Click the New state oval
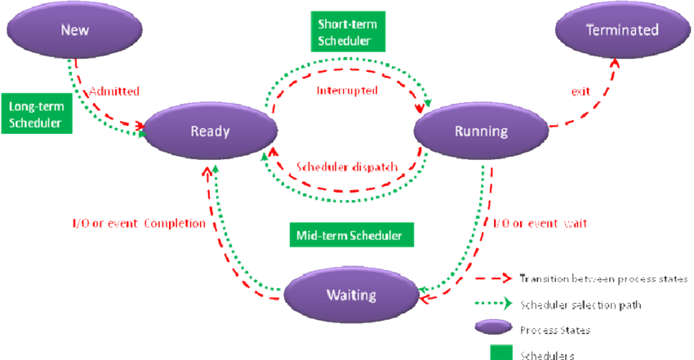click(74, 30)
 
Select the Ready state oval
click(210, 131)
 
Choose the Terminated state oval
click(622, 30)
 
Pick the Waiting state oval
click(350, 294)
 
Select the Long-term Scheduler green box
click(36, 114)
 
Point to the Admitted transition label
click(113, 91)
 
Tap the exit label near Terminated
click(581, 93)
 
